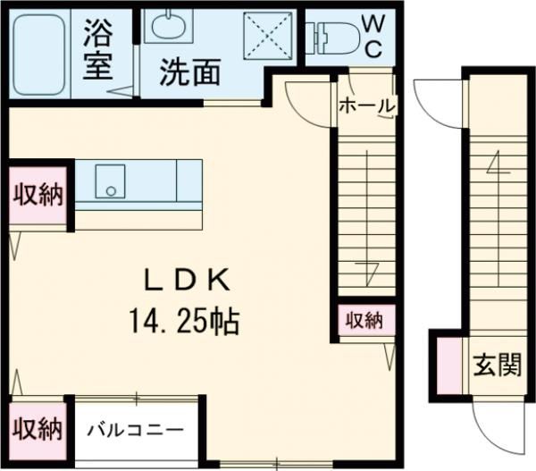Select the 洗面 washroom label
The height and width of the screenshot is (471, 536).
pyautogui.click(x=188, y=71)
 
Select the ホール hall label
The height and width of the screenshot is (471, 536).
pyautogui.click(x=366, y=105)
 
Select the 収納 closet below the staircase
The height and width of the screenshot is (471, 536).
pyautogui.click(x=365, y=320)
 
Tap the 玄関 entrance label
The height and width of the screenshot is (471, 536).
pyautogui.click(x=497, y=366)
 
